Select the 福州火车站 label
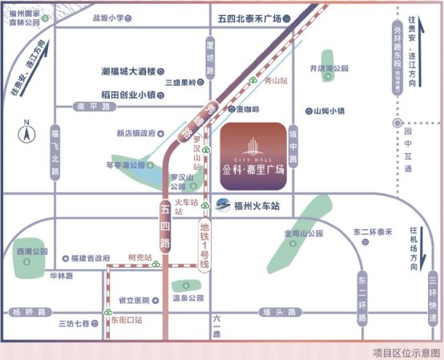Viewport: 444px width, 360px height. tap(256, 205)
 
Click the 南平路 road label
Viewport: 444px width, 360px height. tap(91, 107)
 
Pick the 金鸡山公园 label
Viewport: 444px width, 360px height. tap(303, 233)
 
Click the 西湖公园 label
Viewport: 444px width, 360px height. tap(32, 252)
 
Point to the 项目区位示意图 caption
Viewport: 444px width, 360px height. tap(405, 351)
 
